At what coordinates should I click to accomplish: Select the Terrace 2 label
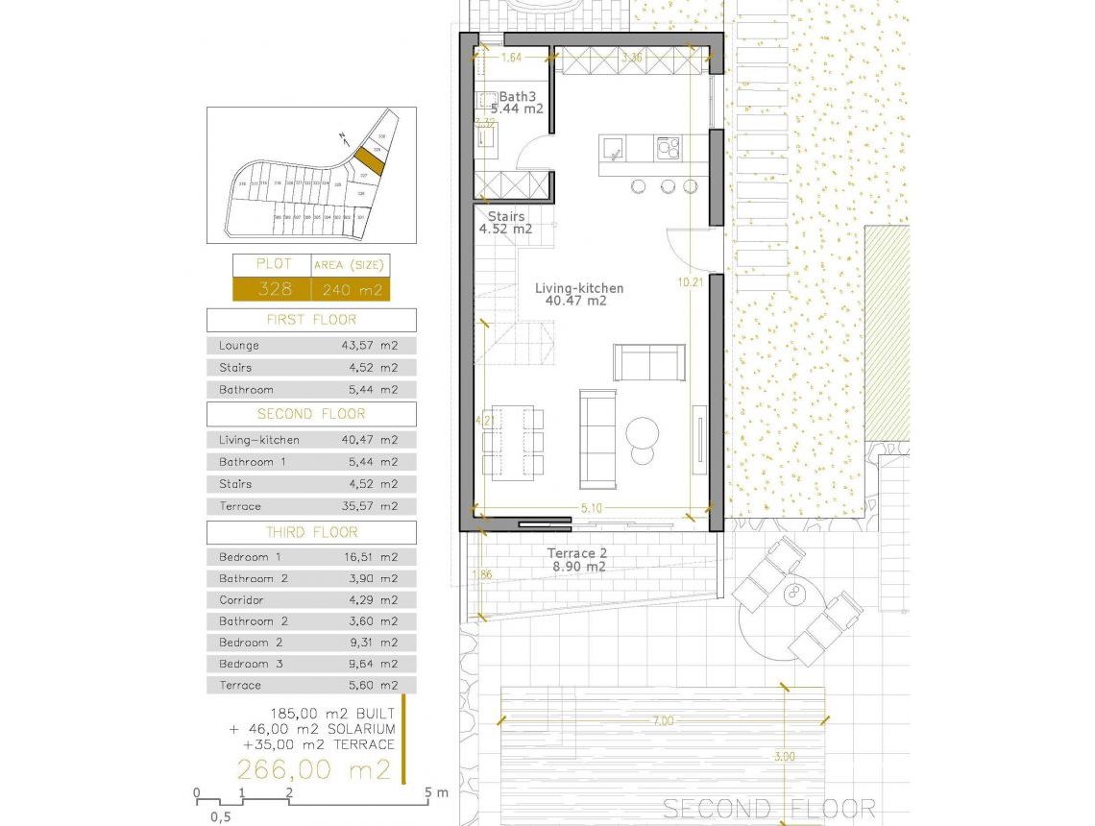[x=577, y=553]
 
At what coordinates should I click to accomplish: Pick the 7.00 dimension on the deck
[x=663, y=720]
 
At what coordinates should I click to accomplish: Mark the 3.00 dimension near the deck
[x=785, y=757]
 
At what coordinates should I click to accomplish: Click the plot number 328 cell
[x=271, y=289]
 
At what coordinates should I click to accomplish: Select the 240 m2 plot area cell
[x=351, y=289]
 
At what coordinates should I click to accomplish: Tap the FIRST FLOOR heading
[x=311, y=320]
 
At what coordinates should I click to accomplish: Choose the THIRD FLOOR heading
[x=311, y=532]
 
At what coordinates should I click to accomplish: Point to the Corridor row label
[x=241, y=600]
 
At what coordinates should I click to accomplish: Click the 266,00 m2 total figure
[x=314, y=769]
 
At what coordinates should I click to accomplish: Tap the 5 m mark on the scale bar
[x=429, y=793]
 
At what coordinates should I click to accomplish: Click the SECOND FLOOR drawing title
[x=769, y=809]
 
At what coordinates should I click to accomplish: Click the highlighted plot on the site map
[x=369, y=160]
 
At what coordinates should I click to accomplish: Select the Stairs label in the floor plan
[x=506, y=217]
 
